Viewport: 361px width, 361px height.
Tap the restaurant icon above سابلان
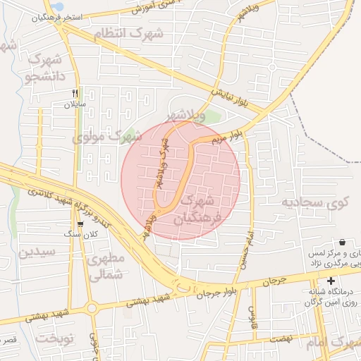(x=75, y=92)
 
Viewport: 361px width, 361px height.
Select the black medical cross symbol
(x=331, y=281)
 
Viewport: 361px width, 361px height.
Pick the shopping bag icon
(x=342, y=242)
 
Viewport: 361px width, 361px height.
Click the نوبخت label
(x=55, y=338)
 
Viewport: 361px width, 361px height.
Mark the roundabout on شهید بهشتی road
(x=92, y=307)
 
